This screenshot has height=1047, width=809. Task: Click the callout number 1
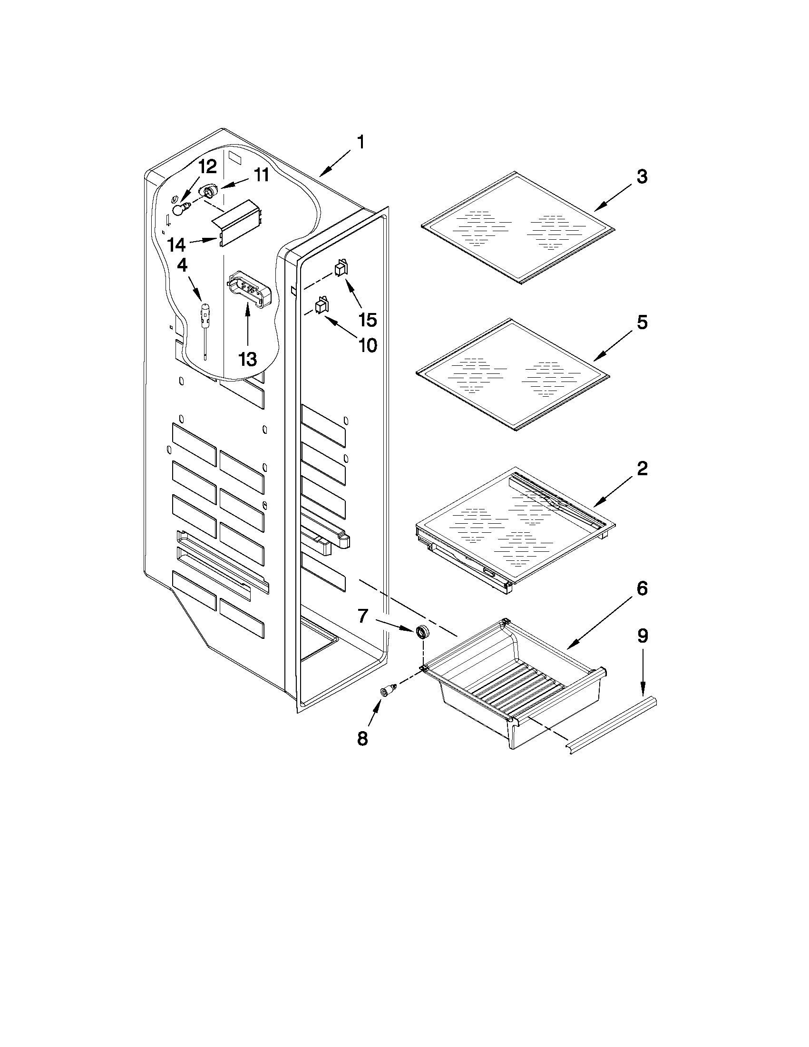coord(361,142)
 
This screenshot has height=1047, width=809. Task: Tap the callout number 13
coord(247,359)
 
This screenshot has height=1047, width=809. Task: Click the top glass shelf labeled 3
coord(517,228)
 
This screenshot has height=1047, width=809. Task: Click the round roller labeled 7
coord(422,632)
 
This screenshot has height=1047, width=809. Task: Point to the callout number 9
coord(642,636)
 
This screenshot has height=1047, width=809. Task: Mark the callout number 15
coord(368,320)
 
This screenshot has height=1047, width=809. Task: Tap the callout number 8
coord(362,738)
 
